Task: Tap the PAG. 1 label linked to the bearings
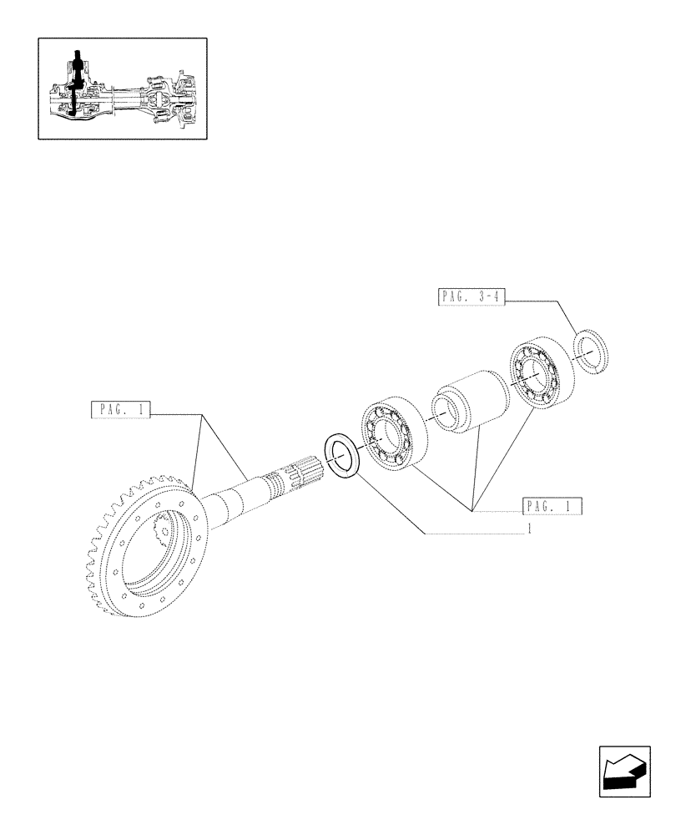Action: (552, 506)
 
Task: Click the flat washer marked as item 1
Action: (341, 456)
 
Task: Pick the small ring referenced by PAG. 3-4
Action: (593, 352)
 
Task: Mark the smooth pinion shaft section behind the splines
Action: (238, 501)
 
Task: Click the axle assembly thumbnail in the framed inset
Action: (122, 88)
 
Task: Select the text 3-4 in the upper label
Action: (489, 296)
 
